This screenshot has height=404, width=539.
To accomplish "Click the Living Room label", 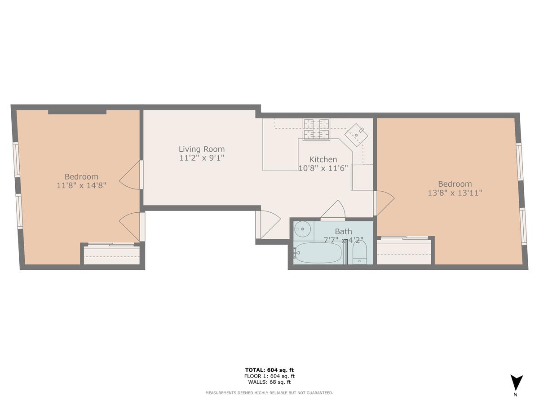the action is pyautogui.click(x=202, y=149).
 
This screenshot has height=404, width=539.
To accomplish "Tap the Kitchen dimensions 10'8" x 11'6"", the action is pyautogui.click(x=323, y=168).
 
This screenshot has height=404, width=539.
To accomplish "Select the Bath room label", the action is pyautogui.click(x=343, y=231).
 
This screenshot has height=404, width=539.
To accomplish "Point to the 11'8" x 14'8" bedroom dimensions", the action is pyautogui.click(x=81, y=185).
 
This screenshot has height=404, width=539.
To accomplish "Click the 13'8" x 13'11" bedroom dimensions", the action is pyautogui.click(x=455, y=193).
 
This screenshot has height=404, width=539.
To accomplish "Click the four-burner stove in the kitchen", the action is pyautogui.click(x=316, y=129).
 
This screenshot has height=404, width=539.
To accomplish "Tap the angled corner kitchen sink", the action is pyautogui.click(x=356, y=135).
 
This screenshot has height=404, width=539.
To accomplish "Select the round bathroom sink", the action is pyautogui.click(x=302, y=229).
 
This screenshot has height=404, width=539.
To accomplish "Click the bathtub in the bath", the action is pyautogui.click(x=318, y=252).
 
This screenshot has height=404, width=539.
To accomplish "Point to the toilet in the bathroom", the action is pyautogui.click(x=360, y=253).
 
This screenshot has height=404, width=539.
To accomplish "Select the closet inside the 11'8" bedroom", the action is pyautogui.click(x=112, y=254).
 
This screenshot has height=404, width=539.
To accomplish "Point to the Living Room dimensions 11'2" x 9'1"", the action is pyautogui.click(x=202, y=158).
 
